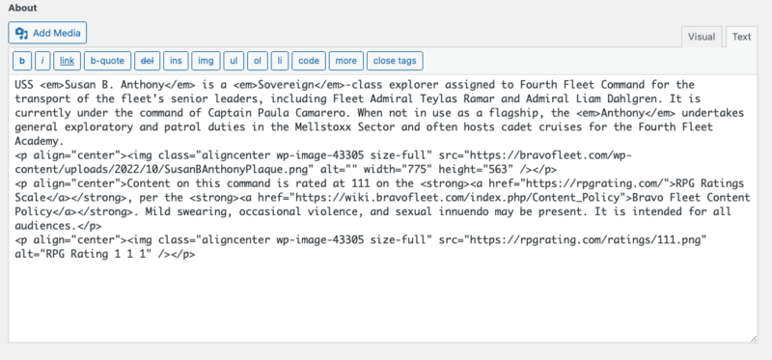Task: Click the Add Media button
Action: (48, 33)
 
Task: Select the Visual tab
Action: (701, 37)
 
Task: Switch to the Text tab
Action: (741, 37)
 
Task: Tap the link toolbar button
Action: (68, 61)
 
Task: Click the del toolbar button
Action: (148, 61)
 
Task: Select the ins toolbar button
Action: (176, 61)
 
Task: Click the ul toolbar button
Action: (234, 61)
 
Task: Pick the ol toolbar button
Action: (258, 61)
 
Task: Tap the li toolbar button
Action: (280, 61)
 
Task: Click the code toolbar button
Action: (308, 61)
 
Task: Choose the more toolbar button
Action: (345, 61)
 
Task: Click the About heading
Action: (23, 8)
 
